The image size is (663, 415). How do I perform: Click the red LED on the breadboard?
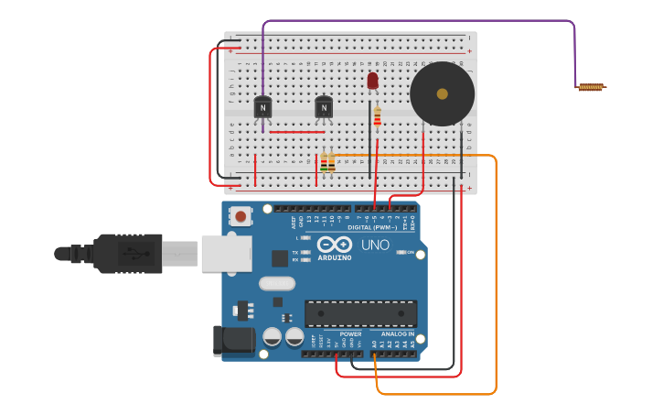372,82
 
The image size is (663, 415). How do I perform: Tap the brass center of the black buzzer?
443,93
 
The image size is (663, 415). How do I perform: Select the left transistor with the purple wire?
262,107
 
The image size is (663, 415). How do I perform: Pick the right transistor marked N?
324,107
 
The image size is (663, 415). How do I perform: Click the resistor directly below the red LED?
377,117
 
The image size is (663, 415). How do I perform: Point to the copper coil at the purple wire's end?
591,87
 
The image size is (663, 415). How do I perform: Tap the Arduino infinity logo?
335,245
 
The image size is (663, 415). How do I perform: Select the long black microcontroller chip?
360,313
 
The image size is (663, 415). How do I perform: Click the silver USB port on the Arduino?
226,254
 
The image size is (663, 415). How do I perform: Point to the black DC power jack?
232,340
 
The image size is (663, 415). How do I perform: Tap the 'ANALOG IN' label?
398,333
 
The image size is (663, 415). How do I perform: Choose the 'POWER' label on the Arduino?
350,333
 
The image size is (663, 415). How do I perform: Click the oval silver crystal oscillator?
277,283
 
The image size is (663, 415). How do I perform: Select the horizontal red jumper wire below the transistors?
297,132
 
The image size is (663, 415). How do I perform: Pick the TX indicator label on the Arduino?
295,252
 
